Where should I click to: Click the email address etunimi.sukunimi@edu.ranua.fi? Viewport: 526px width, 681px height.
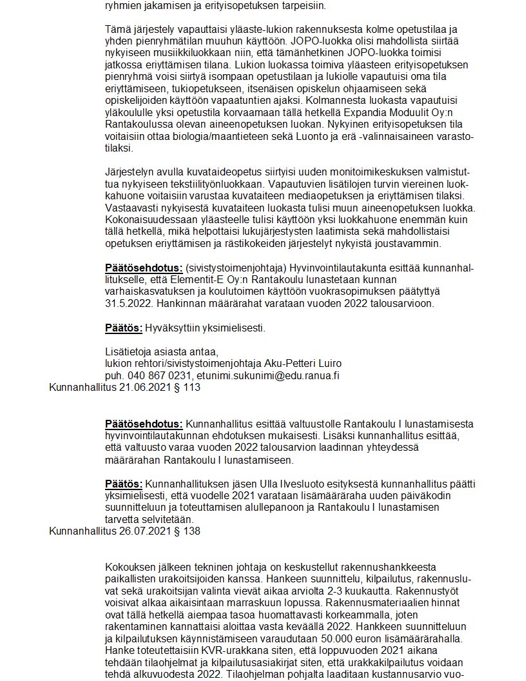(x=268, y=375)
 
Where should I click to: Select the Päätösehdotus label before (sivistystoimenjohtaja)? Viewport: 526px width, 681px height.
(x=144, y=267)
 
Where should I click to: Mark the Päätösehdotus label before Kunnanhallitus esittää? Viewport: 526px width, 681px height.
(x=144, y=424)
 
